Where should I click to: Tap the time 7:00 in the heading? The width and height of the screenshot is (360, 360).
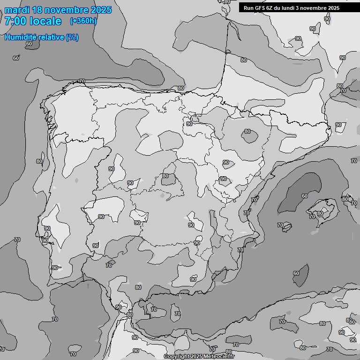(x=15, y=21)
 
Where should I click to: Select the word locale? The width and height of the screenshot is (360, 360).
(x=45, y=21)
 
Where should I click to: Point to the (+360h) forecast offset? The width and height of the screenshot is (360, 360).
(x=83, y=21)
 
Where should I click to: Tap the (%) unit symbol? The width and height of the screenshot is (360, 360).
(x=72, y=37)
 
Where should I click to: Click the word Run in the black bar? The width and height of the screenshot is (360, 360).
(x=248, y=8)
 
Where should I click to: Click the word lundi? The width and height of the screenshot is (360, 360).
(x=292, y=8)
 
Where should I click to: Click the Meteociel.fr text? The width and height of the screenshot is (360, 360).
(x=219, y=357)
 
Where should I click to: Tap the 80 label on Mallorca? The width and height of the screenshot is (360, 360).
(x=320, y=213)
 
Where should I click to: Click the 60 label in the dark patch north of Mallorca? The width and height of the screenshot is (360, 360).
(x=305, y=196)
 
